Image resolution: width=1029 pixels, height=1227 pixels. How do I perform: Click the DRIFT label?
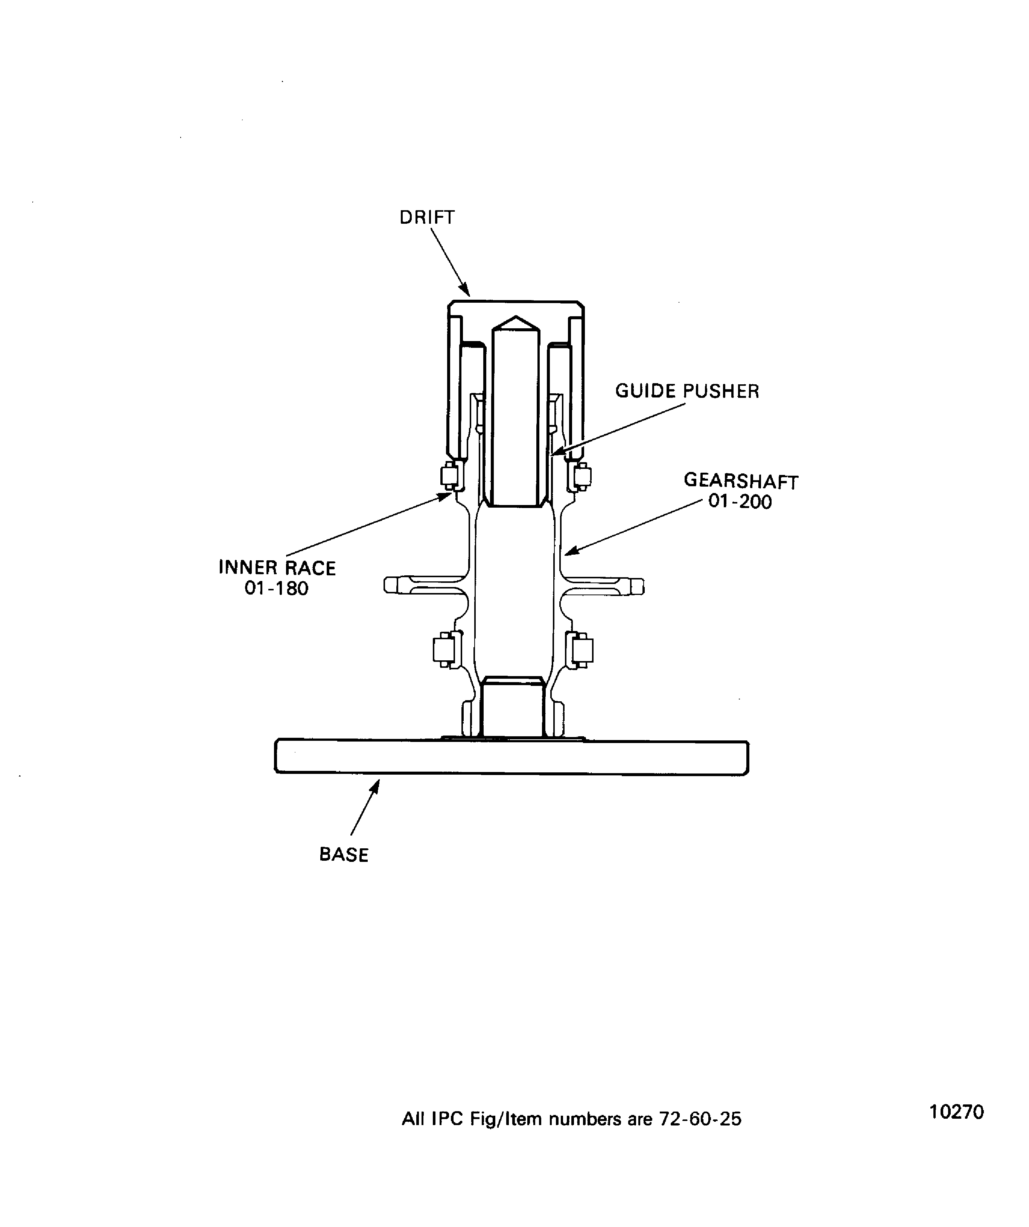click(x=427, y=217)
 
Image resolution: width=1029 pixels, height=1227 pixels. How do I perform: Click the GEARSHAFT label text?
click(x=741, y=481)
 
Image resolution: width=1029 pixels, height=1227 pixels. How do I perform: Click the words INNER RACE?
click(x=277, y=568)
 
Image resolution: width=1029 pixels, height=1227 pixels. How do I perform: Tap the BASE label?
click(x=344, y=855)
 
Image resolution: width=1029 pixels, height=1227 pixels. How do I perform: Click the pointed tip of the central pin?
click(x=515, y=317)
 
